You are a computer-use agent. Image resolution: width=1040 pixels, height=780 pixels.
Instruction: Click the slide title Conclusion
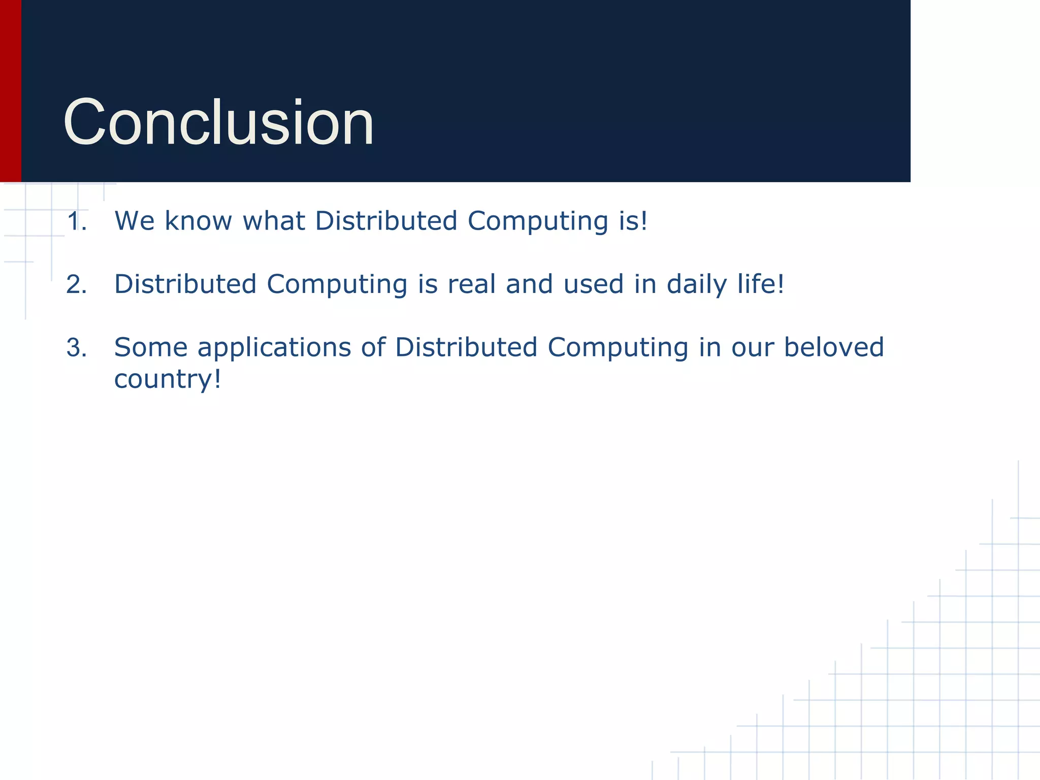pos(218,123)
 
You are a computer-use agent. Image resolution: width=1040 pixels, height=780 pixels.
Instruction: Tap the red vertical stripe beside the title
pos(10,91)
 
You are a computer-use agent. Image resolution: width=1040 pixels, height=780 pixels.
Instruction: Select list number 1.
pos(77,222)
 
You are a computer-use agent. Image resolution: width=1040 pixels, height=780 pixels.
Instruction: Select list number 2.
pos(77,285)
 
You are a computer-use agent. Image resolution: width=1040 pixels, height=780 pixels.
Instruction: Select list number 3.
pos(77,348)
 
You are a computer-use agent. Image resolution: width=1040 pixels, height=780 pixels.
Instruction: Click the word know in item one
pos(198,221)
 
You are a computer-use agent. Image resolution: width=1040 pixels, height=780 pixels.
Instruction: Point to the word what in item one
pos(274,221)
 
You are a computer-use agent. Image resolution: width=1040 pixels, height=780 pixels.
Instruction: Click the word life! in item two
pos(761,284)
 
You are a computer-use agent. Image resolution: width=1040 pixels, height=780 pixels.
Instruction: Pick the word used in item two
pos(593,284)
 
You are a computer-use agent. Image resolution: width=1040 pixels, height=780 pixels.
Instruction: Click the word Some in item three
pos(151,348)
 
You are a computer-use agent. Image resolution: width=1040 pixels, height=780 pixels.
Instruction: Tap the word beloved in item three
pos(834,348)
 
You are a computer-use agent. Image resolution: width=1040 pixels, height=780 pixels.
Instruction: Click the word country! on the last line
pos(168,380)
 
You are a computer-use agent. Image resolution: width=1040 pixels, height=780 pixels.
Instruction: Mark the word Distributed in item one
pos(386,221)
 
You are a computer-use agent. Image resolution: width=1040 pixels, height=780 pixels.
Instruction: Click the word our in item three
pos(752,348)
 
